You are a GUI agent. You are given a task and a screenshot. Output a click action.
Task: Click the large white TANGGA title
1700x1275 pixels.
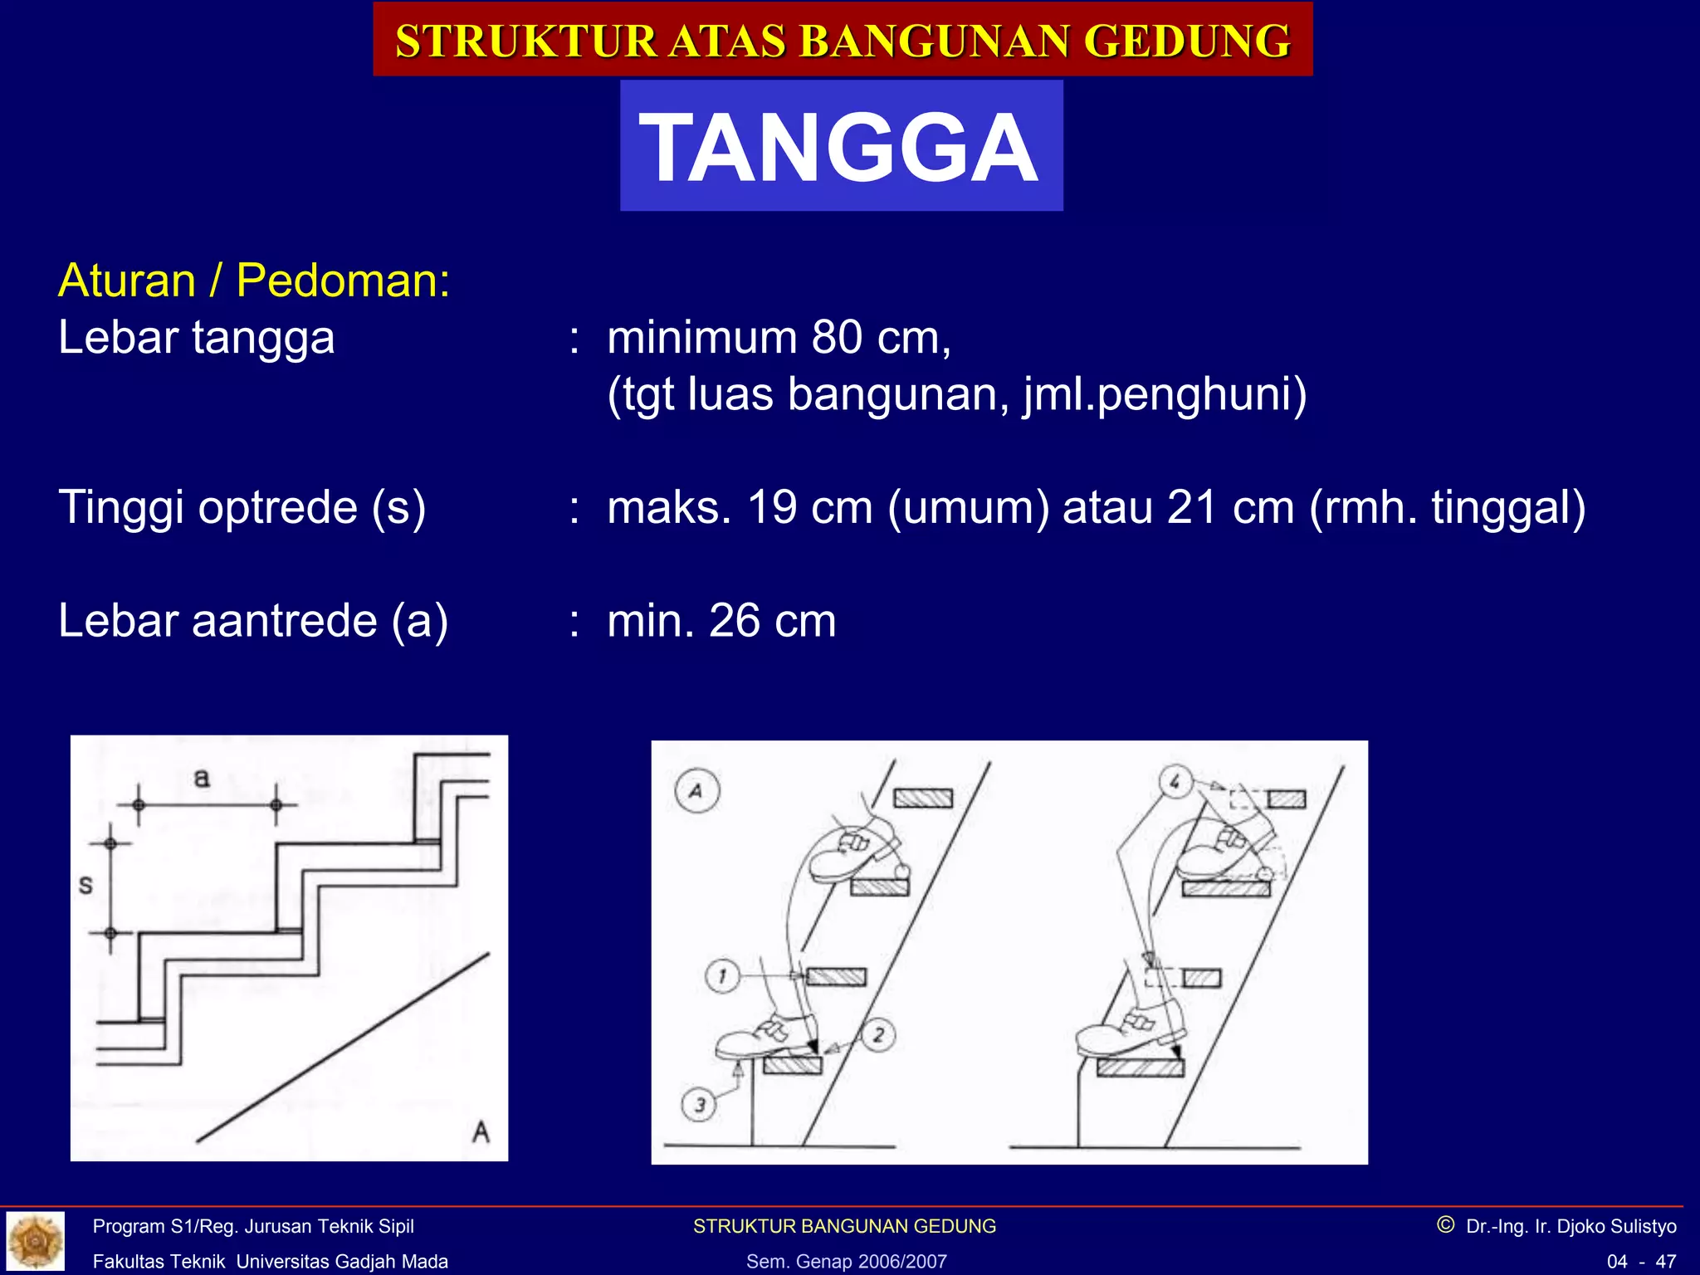click(x=840, y=148)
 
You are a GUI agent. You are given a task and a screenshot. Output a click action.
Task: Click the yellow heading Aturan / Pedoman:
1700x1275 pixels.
click(x=254, y=281)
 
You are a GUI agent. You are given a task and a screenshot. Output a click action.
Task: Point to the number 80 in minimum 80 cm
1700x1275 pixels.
click(x=837, y=338)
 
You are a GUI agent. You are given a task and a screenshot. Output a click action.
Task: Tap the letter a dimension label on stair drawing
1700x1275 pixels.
click(x=202, y=778)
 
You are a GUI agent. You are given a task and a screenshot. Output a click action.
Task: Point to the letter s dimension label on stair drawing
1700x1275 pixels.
click(x=85, y=886)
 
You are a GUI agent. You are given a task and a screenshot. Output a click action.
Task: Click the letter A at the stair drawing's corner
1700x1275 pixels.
click(x=481, y=1131)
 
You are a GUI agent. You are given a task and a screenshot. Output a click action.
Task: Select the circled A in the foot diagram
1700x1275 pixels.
click(x=696, y=791)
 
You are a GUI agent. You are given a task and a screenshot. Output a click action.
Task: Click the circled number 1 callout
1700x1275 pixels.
click(x=722, y=976)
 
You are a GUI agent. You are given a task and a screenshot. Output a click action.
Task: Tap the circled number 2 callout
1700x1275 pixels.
click(x=878, y=1034)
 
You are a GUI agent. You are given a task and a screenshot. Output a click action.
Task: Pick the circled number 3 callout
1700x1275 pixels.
click(x=699, y=1105)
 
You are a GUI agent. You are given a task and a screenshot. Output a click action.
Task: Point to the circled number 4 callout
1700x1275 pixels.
click(x=1175, y=781)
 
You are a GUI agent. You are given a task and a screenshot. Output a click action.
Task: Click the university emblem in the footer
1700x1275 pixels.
click(x=35, y=1242)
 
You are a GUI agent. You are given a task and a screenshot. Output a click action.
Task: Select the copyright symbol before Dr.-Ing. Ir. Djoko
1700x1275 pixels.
click(x=1445, y=1225)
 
